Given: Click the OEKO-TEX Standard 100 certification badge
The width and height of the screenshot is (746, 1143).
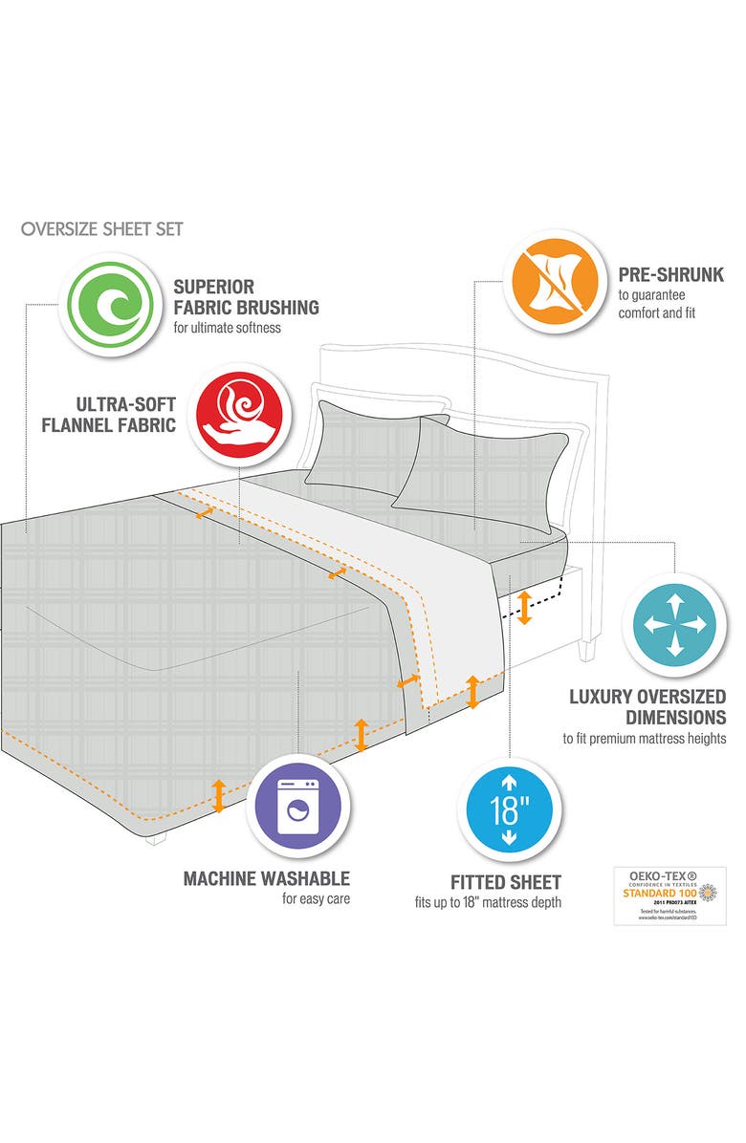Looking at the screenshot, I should [x=669, y=895].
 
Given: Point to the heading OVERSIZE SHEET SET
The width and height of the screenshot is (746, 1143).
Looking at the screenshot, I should [x=101, y=229].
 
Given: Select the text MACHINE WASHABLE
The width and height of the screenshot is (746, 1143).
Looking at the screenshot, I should [x=267, y=878].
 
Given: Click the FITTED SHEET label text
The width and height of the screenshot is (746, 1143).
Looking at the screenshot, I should [x=506, y=882].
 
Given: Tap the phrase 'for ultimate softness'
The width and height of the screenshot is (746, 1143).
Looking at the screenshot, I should [x=235, y=328].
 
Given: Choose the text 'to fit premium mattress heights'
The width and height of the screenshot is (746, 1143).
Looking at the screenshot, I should [x=644, y=739].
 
